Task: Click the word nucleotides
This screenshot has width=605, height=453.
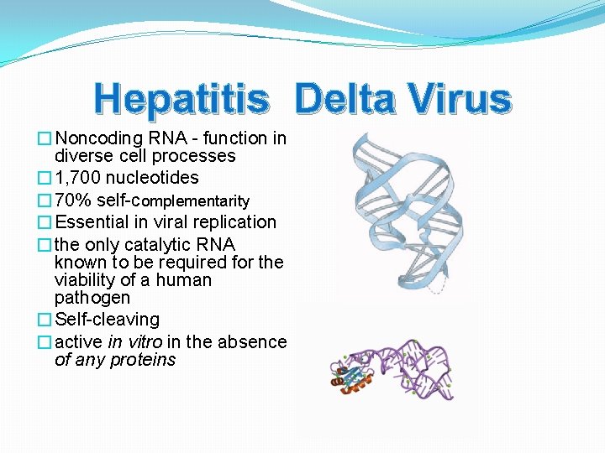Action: pyautogui.click(x=152, y=178)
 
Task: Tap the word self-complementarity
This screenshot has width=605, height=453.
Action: pyautogui.click(x=173, y=200)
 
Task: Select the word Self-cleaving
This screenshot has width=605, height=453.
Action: pyautogui.click(x=107, y=320)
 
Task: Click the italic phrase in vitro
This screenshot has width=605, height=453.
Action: pyautogui.click(x=135, y=342)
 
